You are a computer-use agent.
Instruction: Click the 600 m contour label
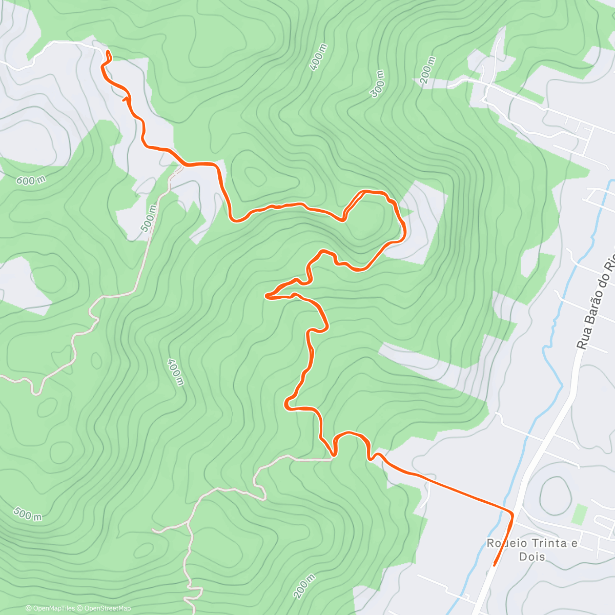point(31,180)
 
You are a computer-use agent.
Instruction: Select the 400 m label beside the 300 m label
point(318,57)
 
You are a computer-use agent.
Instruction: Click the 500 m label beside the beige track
point(149,219)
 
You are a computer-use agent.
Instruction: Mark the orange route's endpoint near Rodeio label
point(494,565)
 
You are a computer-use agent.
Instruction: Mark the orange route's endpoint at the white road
point(108,51)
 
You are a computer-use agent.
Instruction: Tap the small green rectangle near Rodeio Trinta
point(579,514)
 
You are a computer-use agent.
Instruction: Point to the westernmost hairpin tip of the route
point(266,296)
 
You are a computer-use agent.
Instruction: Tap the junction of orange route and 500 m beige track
point(182,165)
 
